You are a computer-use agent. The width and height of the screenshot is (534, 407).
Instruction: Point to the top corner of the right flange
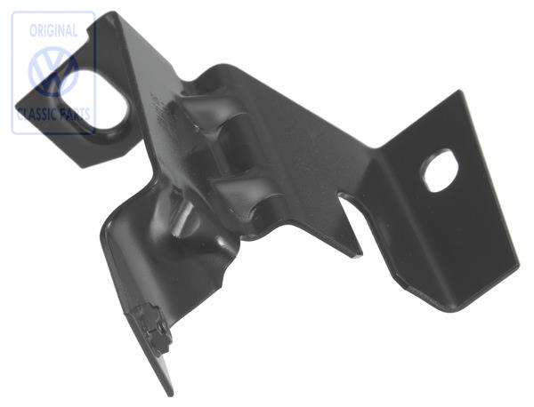tap(459, 92)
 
